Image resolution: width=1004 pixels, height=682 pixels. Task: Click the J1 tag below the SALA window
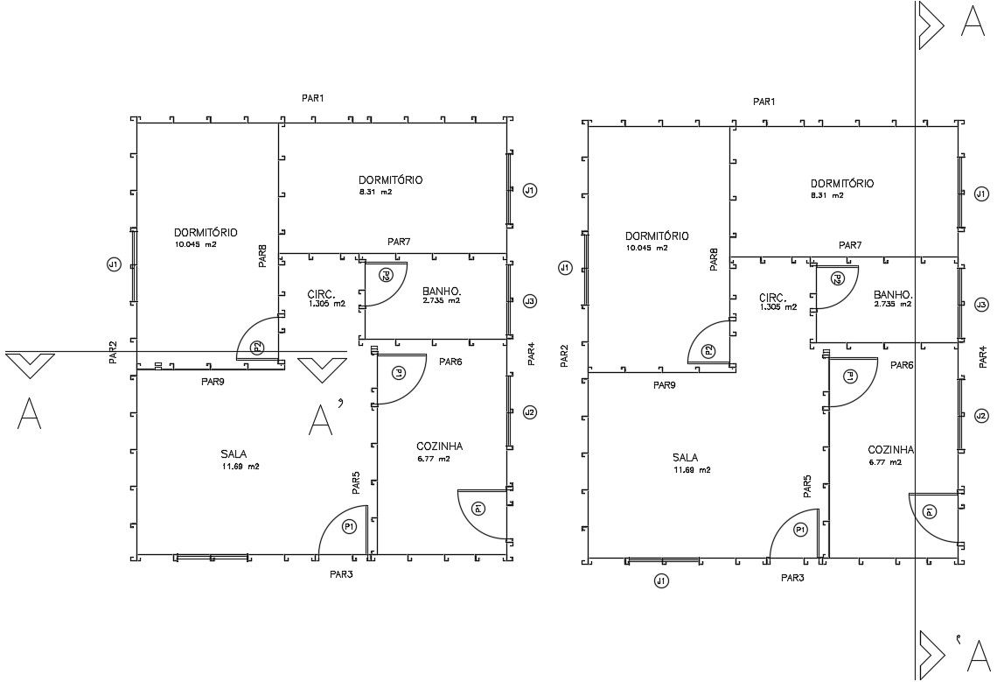(662, 580)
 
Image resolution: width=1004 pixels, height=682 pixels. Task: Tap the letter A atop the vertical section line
(973, 22)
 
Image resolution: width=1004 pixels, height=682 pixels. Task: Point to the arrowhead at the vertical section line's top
(930, 25)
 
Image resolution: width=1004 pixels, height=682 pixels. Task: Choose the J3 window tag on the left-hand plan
(529, 301)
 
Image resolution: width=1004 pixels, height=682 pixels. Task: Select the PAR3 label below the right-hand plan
(792, 578)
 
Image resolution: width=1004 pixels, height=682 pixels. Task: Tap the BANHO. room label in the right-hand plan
(893, 294)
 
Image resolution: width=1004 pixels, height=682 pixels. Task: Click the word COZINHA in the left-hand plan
(440, 446)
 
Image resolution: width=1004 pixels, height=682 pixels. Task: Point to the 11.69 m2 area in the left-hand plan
(241, 467)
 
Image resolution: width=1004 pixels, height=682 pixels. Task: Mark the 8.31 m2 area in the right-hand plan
(826, 195)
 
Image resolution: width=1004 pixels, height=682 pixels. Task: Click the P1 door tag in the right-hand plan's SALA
(800, 530)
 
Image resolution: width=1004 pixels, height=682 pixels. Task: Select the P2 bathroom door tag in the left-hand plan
(386, 275)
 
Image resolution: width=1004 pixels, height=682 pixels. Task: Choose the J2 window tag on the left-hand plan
(529, 412)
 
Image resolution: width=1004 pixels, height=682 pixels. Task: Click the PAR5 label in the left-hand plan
(356, 484)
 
